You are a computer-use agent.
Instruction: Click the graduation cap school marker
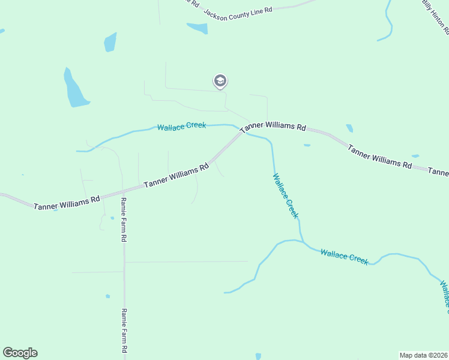[220, 81]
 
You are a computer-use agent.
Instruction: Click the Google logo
[20, 353]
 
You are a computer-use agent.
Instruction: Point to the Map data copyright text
[423, 355]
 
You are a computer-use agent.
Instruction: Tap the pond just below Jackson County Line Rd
[197, 28]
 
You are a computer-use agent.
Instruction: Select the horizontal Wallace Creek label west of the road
[181, 126]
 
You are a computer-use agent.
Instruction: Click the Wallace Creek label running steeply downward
[286, 196]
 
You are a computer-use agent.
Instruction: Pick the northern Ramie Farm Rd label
[124, 220]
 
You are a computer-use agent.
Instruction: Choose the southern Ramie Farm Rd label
[124, 331]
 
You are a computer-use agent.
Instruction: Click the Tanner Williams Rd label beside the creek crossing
[273, 127]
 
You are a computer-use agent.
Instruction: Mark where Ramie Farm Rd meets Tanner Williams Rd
[124, 191]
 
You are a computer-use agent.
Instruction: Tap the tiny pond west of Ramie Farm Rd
[107, 296]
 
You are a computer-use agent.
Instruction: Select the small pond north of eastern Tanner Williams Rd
[349, 128]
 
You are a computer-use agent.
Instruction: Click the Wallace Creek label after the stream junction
[344, 256]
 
